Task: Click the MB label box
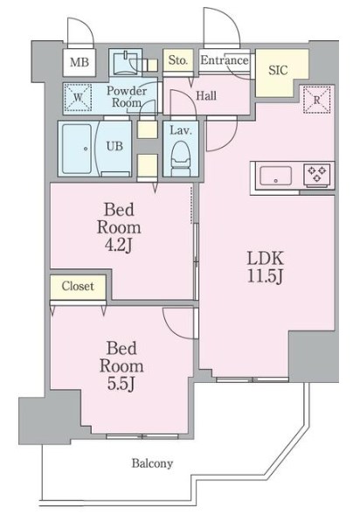[x=80, y=62]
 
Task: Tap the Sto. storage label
[x=178, y=60]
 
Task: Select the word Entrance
[x=225, y=60]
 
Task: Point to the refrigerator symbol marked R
[x=316, y=101]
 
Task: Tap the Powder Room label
[x=125, y=96]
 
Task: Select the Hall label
[x=207, y=95]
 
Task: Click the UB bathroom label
[x=115, y=146]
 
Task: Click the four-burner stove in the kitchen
[x=316, y=173]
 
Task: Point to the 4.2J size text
[x=119, y=247]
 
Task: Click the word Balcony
[x=152, y=463]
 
